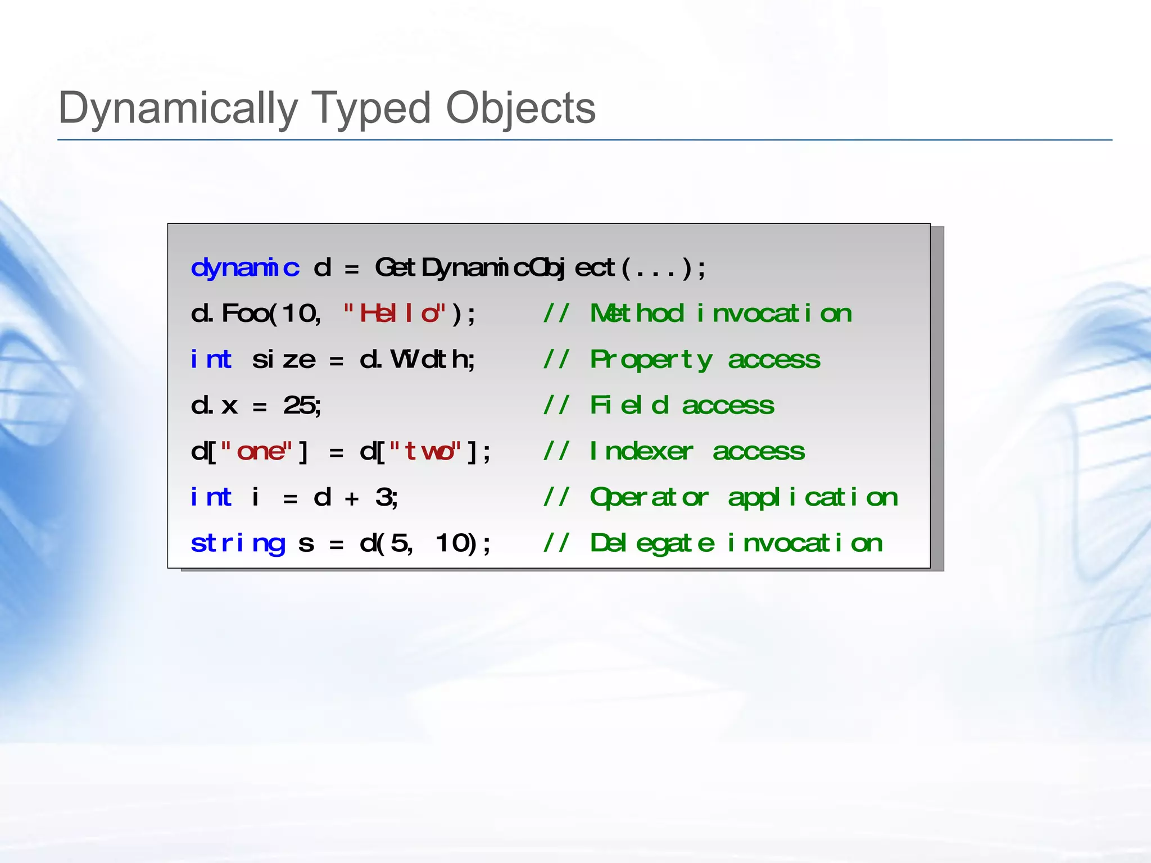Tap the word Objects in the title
520,108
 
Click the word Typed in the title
370,108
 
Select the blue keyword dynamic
245,267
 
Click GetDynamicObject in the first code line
495,267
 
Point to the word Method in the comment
637,314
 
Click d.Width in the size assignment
417,360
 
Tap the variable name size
284,360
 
